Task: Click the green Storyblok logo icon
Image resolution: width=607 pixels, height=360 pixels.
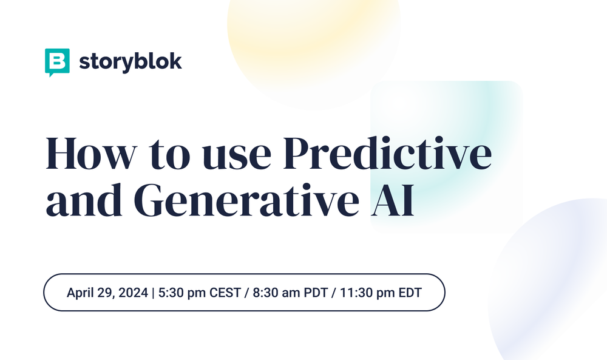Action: click(x=58, y=62)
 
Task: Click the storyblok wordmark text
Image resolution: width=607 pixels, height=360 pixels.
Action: click(x=130, y=61)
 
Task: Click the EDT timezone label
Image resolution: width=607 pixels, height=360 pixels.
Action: click(x=410, y=292)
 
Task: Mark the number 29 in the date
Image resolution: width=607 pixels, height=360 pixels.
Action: click(x=106, y=292)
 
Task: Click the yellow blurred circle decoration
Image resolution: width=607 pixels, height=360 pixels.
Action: click(x=313, y=36)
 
